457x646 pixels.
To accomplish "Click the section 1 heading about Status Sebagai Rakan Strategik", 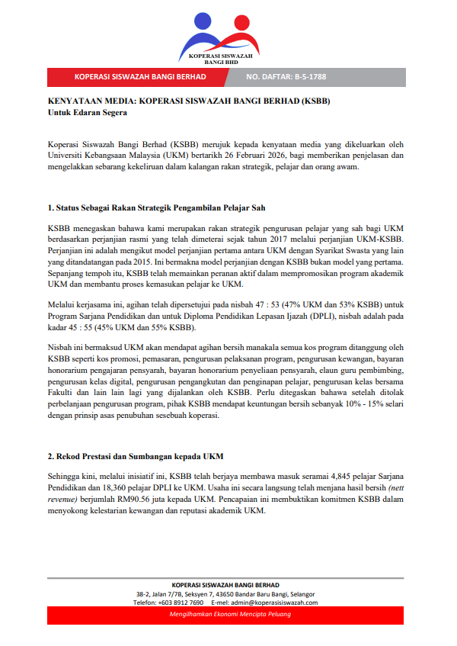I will click(x=156, y=208).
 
